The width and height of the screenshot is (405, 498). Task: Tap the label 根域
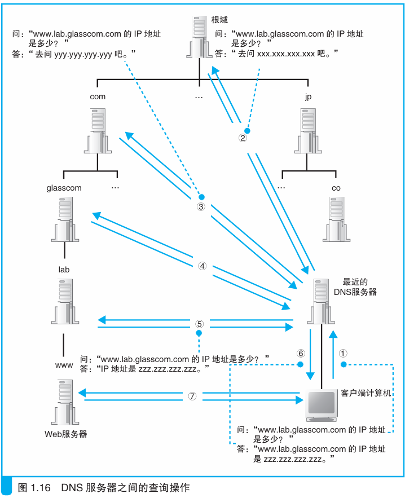tap(219, 20)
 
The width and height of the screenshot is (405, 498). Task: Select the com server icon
tap(98, 131)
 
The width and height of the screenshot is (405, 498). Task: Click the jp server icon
tap(307, 131)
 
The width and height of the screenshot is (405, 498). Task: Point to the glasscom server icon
tap(64, 222)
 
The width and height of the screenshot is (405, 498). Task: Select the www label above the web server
tap(64, 365)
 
